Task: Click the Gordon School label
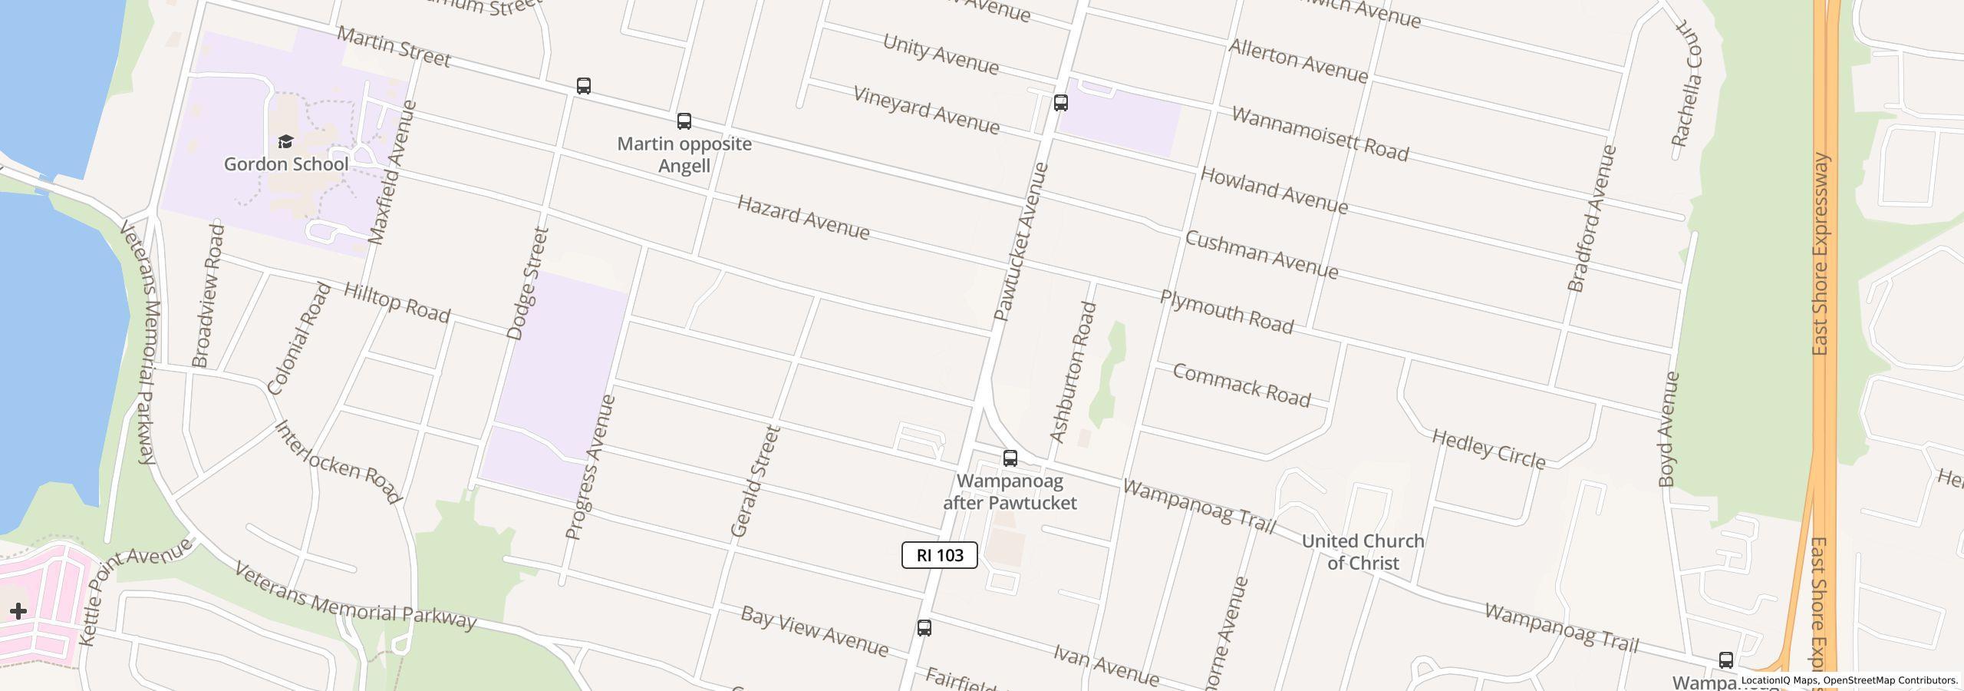[x=285, y=164]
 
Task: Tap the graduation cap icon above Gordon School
[x=285, y=141]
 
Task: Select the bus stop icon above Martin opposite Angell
[x=684, y=121]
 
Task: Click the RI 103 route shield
[x=939, y=555]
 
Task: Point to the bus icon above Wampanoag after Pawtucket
[x=1010, y=458]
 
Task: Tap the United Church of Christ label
[x=1363, y=552]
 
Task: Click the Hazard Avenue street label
[x=803, y=217]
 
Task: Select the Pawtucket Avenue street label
[x=1020, y=242]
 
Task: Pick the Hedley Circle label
[x=1488, y=449]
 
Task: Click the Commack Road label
[x=1241, y=385]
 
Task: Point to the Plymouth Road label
[x=1226, y=312]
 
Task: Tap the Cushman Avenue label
[x=1261, y=255]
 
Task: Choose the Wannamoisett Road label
[x=1320, y=134]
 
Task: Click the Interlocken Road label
[x=338, y=462]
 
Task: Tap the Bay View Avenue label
[x=814, y=632]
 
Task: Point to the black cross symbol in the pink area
[x=18, y=611]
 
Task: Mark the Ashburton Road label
[x=1073, y=372]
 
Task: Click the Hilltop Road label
[x=397, y=302]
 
